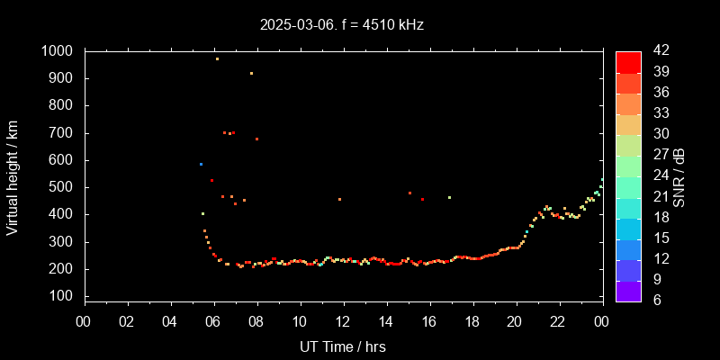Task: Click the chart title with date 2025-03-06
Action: (342, 24)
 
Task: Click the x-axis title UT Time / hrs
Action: (342, 346)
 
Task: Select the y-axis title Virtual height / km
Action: (13, 174)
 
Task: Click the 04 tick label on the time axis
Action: (170, 321)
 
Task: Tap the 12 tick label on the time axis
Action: (343, 321)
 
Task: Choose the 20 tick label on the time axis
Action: (515, 321)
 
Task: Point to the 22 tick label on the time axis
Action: (558, 321)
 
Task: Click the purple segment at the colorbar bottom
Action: (628, 290)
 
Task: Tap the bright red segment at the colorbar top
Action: (628, 61)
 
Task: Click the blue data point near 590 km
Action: (201, 164)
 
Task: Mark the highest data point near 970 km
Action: (217, 58)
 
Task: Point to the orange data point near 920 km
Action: (251, 73)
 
